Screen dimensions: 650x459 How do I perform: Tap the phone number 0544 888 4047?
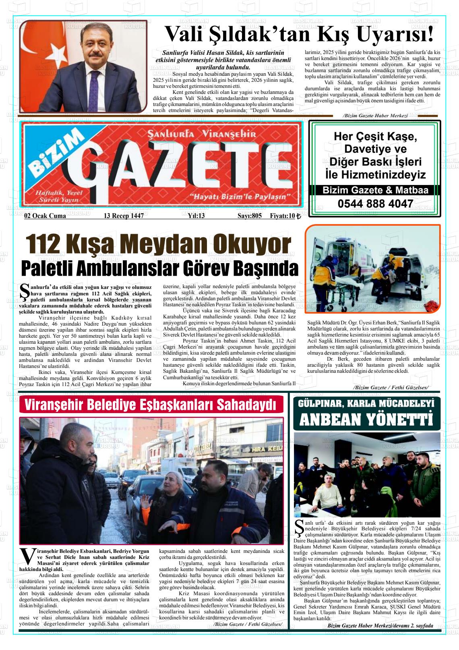click(375, 204)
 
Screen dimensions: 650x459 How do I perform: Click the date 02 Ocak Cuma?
click(45, 216)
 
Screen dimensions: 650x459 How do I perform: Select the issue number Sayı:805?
click(249, 216)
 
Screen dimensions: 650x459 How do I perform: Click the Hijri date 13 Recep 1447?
click(124, 216)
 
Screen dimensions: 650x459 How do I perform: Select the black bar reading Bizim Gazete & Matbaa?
click(375, 190)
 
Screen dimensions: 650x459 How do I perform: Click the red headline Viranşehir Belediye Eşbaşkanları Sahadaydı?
click(151, 405)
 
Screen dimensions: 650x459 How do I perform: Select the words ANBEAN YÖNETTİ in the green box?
click(366, 420)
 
